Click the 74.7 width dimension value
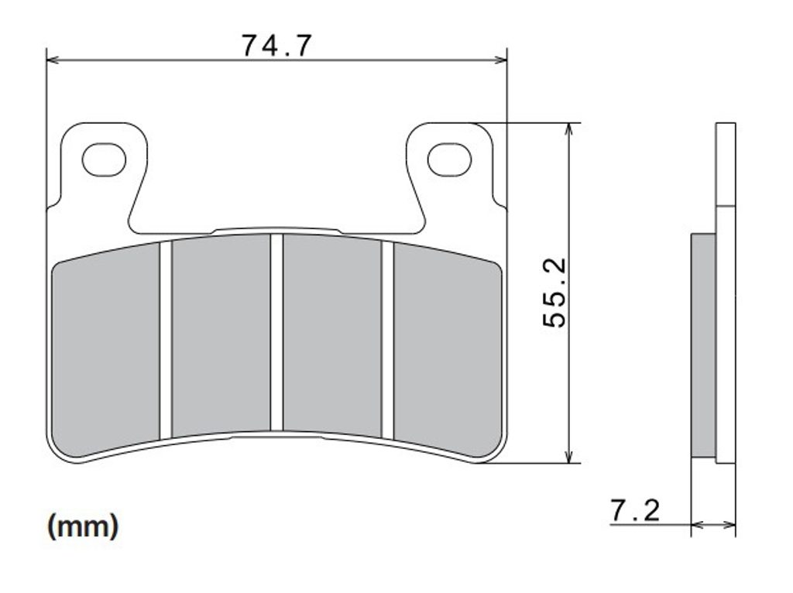tap(276, 46)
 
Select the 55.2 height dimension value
tap(554, 293)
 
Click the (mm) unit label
tap(83, 526)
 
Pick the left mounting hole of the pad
tap(104, 159)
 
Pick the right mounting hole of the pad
tap(449, 159)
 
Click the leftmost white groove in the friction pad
tap(166, 340)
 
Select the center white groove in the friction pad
tap(276, 332)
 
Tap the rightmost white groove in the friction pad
tap(387, 340)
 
